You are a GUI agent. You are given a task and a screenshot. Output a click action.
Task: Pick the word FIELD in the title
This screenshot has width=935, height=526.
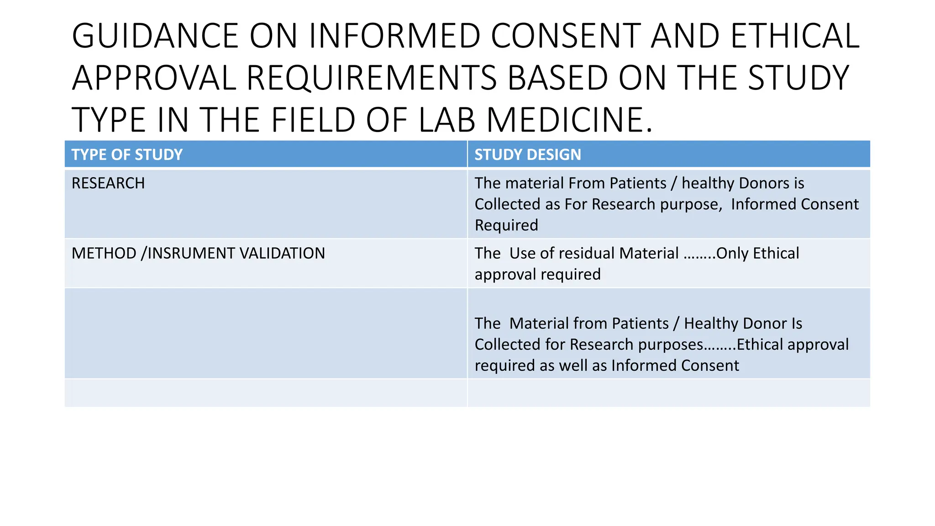313,120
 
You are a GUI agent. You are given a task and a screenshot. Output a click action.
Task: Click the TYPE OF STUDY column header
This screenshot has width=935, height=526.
127,155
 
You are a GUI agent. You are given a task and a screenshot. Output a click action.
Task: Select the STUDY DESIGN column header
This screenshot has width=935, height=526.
528,155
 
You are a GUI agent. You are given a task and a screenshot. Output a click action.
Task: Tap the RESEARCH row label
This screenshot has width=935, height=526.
108,183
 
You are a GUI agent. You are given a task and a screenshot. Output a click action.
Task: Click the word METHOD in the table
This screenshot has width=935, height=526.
104,253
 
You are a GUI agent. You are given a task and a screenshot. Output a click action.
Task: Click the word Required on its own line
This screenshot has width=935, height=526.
506,225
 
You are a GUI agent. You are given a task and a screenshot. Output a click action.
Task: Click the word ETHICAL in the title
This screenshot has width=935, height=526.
795,36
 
